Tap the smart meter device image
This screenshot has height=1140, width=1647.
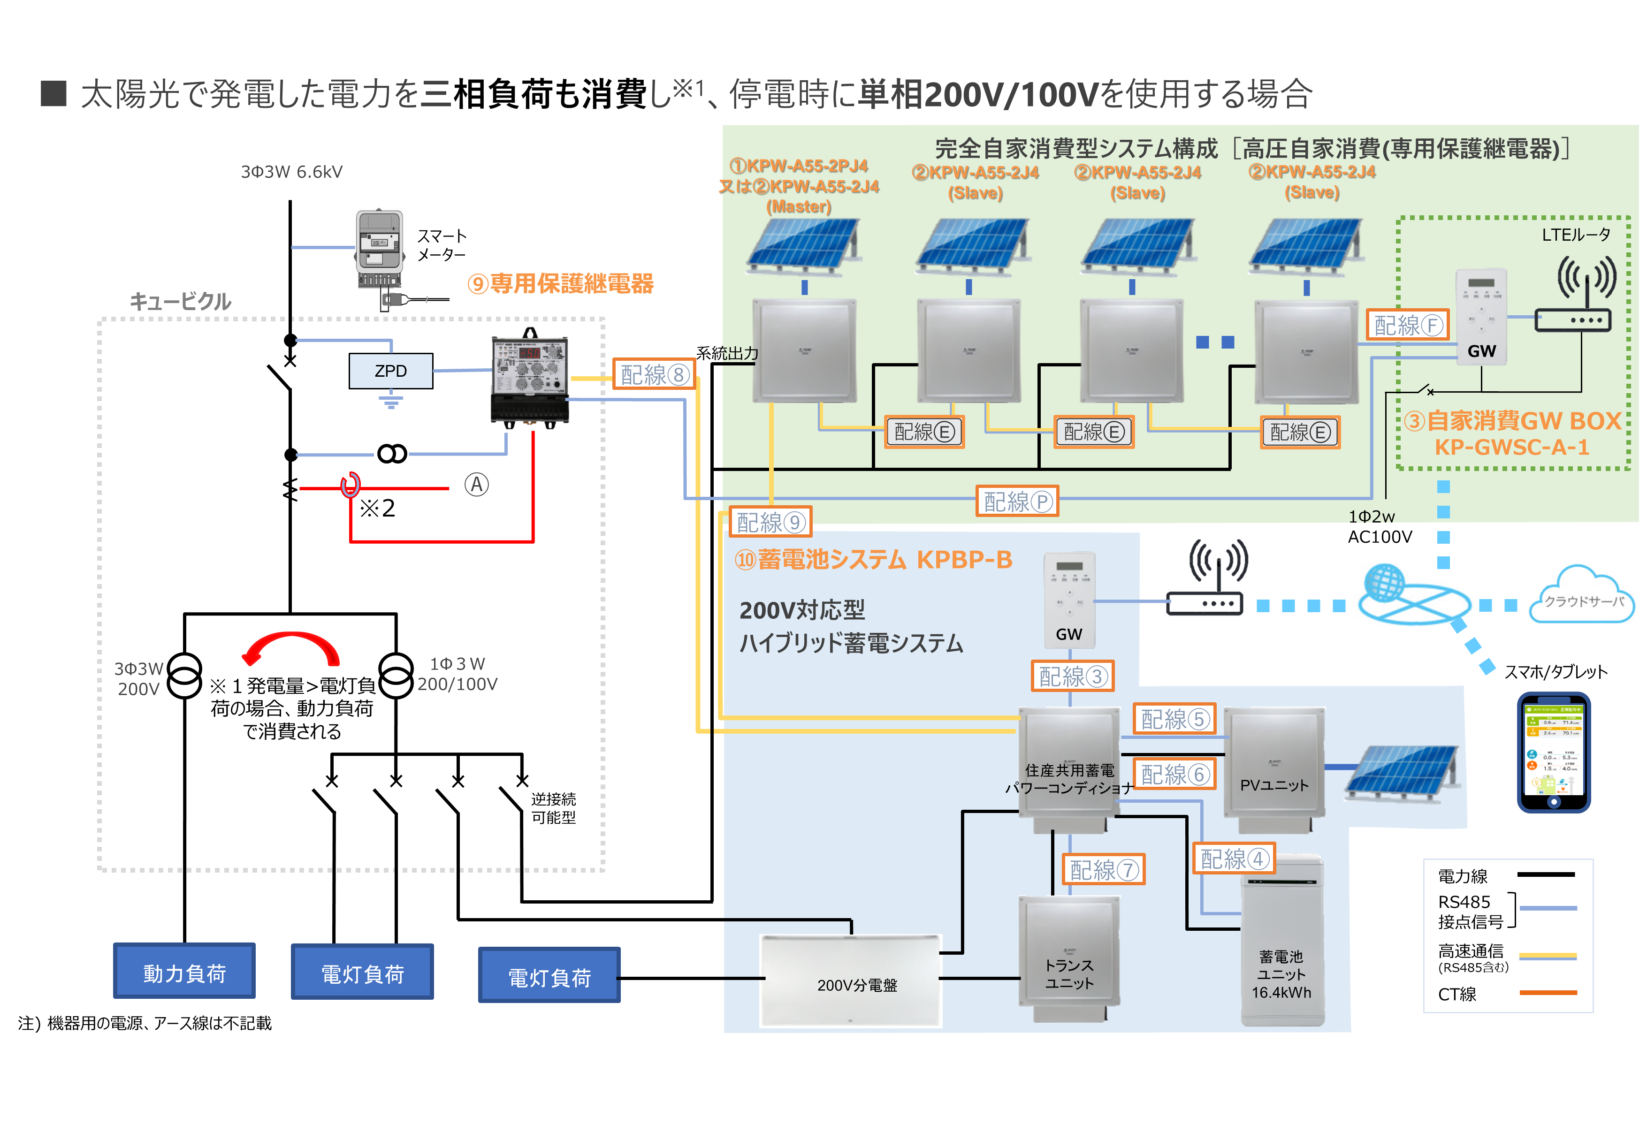380,250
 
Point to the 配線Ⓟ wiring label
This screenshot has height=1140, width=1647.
1017,502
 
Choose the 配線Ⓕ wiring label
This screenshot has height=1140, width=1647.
1407,325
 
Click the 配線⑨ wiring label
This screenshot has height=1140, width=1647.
770,522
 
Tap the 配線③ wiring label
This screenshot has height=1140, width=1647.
1072,676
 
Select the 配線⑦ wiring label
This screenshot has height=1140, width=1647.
1104,869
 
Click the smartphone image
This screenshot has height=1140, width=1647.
1554,752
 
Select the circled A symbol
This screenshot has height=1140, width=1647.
476,485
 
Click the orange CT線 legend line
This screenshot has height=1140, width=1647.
1547,993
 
